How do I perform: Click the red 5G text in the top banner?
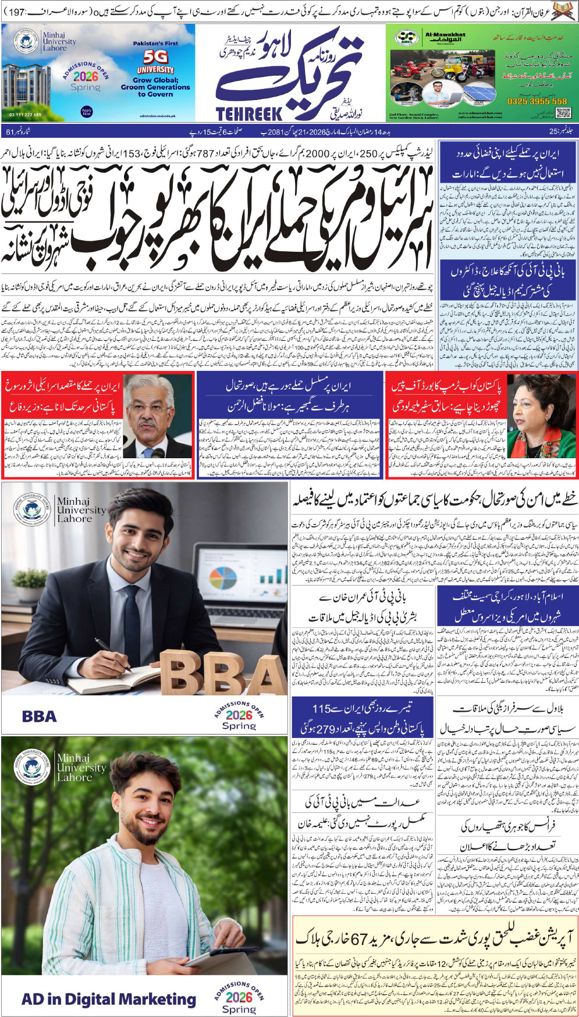155,57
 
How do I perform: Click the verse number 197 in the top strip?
15,11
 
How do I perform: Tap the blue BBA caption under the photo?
39,716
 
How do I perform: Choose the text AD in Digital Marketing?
108,998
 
